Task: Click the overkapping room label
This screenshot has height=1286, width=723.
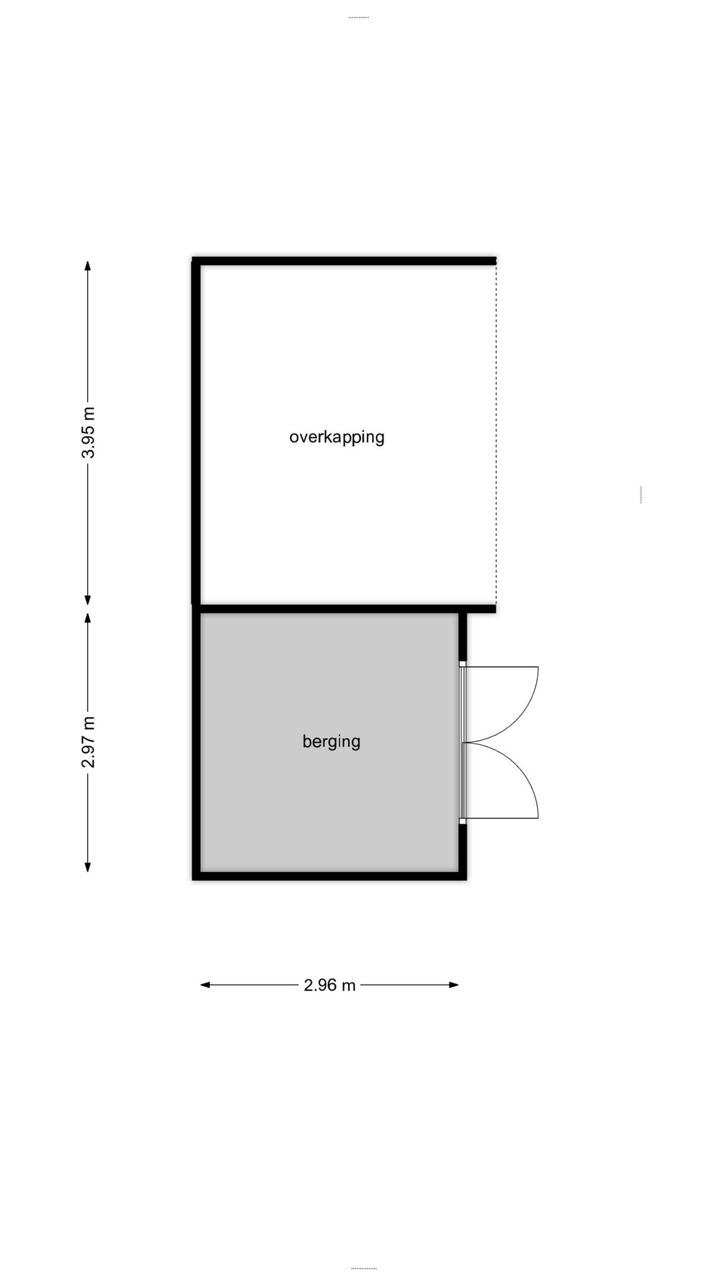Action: tap(337, 437)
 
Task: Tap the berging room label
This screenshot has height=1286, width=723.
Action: tap(331, 741)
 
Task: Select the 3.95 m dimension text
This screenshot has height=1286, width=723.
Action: tap(88, 433)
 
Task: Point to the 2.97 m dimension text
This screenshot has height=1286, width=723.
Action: tap(88, 741)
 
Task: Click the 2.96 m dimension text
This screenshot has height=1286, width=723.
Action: tap(329, 985)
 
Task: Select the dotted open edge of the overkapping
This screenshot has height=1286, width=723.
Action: tap(496, 435)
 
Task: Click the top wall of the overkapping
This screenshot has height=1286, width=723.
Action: tap(345, 261)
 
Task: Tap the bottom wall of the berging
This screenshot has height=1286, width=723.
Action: tap(329, 875)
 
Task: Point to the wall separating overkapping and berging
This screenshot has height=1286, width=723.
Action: tap(345, 609)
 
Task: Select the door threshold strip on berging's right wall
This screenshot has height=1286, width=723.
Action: tap(462, 742)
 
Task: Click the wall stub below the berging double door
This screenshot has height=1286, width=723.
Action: tap(462, 847)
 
